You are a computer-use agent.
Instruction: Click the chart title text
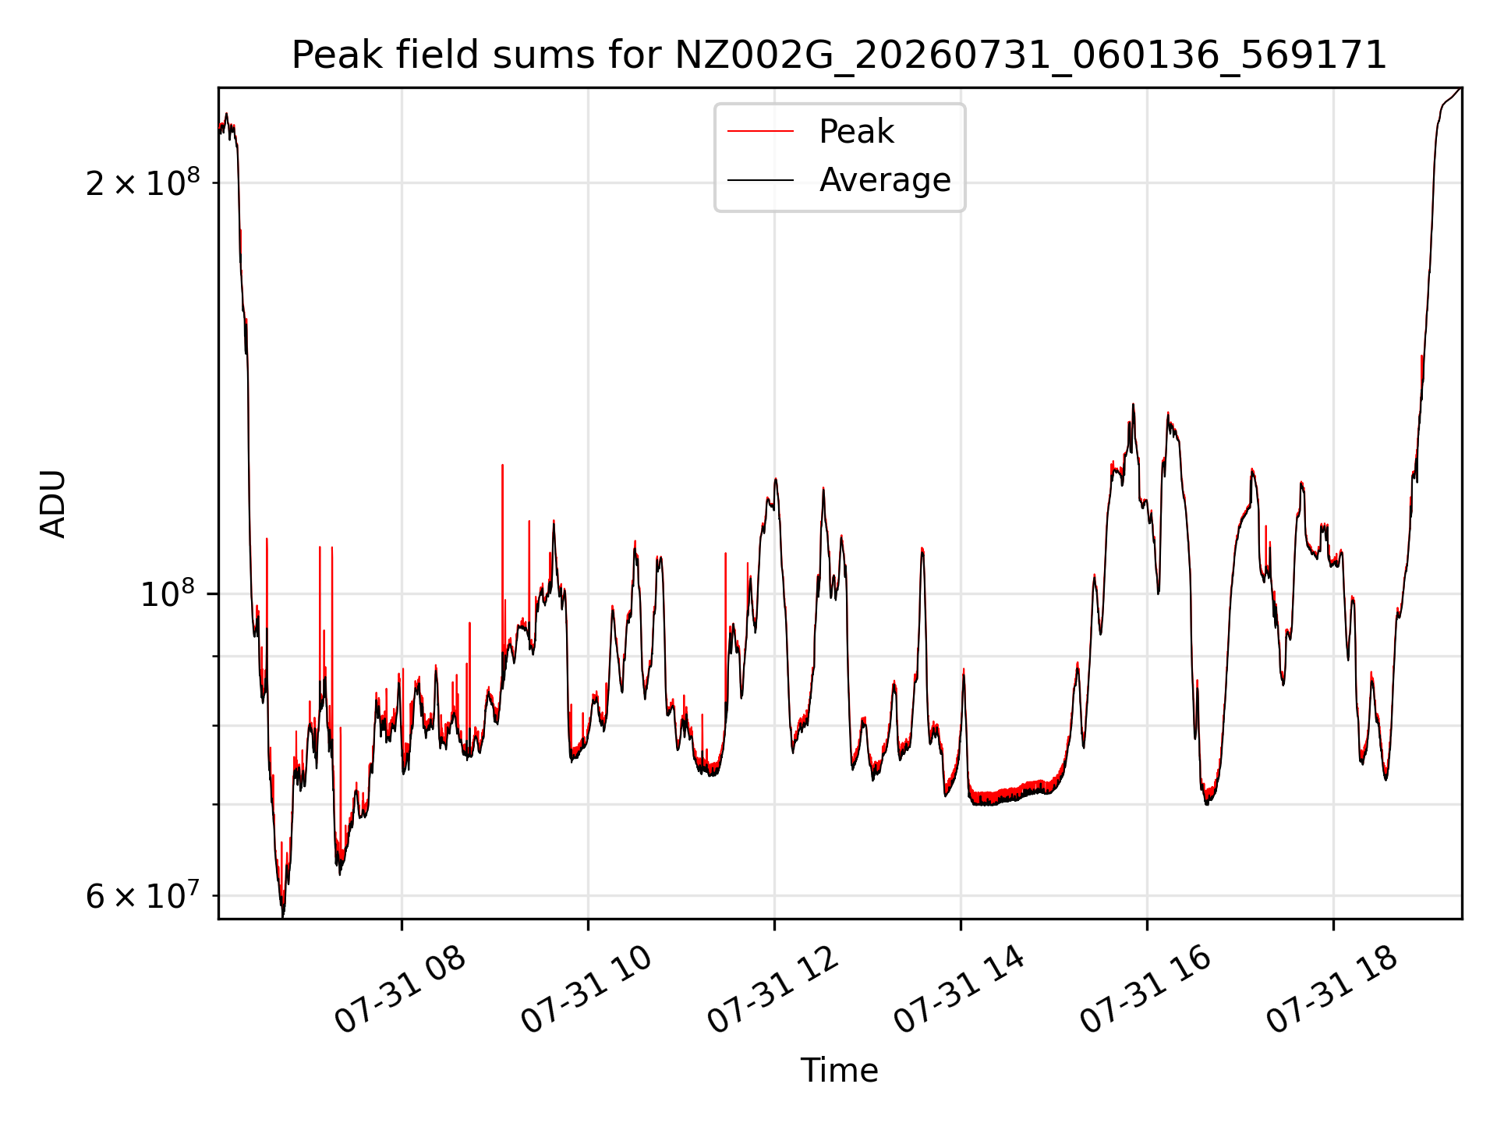click(839, 55)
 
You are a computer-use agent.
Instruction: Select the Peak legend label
click(856, 132)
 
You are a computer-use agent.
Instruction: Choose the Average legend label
click(885, 180)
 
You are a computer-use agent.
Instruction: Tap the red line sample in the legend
click(761, 132)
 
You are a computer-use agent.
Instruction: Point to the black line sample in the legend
click(761, 180)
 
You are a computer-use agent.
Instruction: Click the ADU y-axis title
click(54, 504)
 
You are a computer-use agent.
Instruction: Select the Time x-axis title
click(839, 1071)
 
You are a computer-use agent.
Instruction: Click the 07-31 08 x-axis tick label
click(400, 990)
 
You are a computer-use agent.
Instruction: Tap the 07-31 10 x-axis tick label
click(586, 990)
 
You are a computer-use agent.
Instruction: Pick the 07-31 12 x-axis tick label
click(773, 990)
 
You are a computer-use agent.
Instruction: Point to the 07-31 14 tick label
click(959, 990)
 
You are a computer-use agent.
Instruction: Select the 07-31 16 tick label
click(1145, 990)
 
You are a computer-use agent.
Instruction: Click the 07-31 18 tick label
click(1332, 990)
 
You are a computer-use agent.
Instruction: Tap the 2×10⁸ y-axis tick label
click(142, 182)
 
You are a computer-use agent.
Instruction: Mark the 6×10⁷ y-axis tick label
click(142, 895)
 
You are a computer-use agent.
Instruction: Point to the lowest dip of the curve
click(282, 914)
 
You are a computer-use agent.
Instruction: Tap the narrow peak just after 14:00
click(964, 671)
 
